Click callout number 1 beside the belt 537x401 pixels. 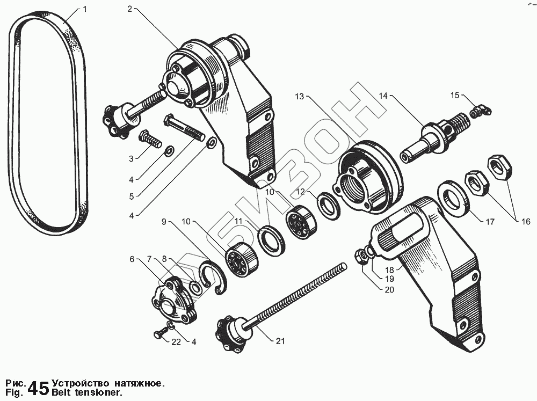[x=84, y=10]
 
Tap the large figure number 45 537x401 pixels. [x=38, y=388]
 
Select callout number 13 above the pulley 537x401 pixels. [x=299, y=97]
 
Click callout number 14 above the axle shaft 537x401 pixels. [x=383, y=96]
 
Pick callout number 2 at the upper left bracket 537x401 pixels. [x=130, y=10]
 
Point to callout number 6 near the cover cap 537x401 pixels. [x=132, y=259]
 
